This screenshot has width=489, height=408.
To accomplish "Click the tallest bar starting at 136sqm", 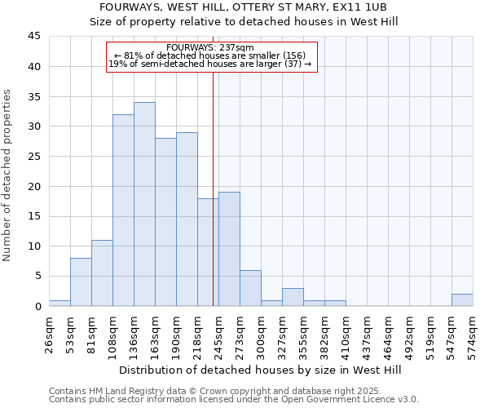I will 144,204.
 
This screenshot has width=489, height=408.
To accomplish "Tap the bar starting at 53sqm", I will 81,282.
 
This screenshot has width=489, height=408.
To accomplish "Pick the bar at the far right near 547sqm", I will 462,299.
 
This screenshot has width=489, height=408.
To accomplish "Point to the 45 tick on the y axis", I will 33,37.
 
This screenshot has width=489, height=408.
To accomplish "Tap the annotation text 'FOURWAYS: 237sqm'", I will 209,48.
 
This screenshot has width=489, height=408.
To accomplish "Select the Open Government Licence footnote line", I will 234,399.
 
